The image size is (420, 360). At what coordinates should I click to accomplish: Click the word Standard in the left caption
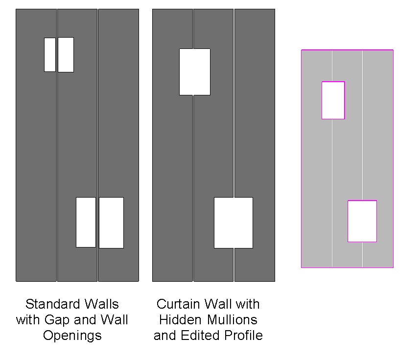48,304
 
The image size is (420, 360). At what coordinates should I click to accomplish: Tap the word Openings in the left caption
72,336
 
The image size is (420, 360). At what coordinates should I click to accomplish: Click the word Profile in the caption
243,336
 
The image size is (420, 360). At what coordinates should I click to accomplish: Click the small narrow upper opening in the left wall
49,54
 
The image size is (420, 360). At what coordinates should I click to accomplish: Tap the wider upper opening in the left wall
66,54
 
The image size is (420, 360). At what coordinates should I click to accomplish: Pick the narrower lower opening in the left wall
86,222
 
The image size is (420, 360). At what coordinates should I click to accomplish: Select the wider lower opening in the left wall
111,222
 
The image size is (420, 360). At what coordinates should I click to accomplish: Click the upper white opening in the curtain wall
194,71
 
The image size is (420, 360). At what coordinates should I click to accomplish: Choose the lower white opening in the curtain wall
233,222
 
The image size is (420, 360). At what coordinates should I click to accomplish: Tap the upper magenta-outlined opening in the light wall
333,100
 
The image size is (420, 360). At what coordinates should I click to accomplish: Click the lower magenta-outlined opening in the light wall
362,221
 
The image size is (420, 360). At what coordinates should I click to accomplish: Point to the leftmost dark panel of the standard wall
36,147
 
